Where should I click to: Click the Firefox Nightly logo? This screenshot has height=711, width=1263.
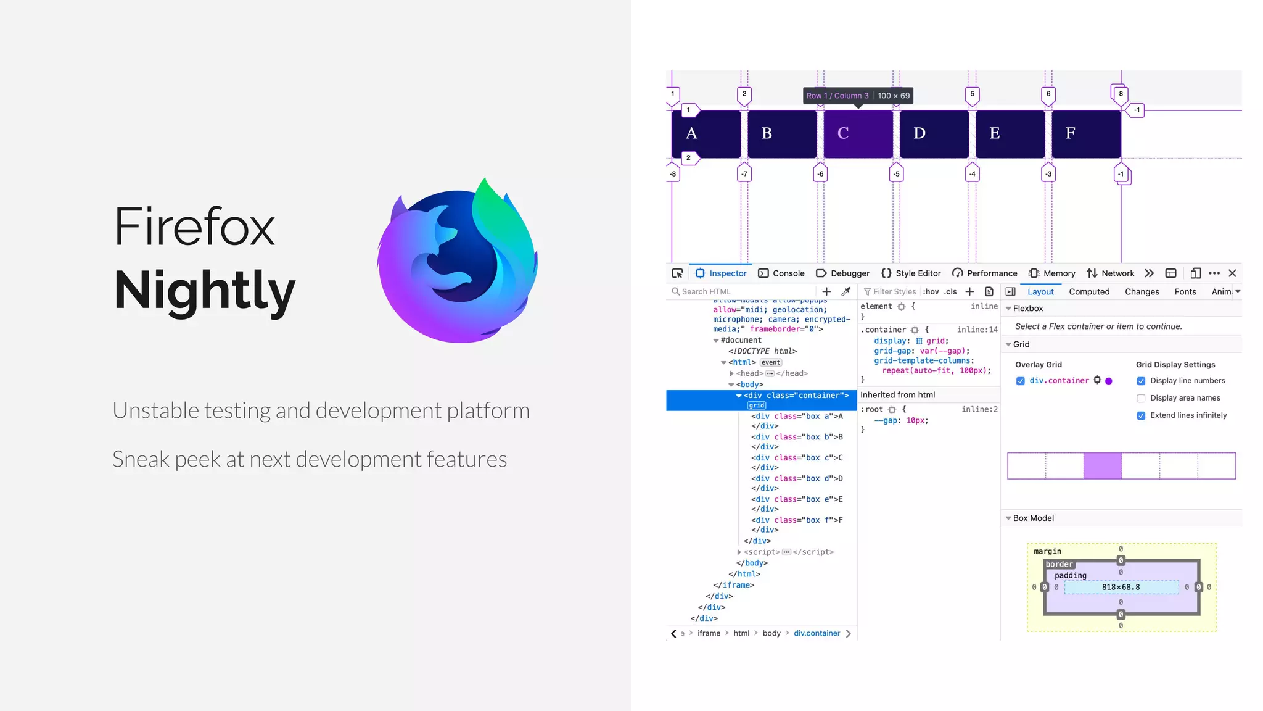tap(458, 260)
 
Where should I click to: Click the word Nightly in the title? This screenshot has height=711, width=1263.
tap(205, 290)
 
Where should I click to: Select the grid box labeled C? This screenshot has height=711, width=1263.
tap(858, 133)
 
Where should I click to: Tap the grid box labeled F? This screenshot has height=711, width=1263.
tap(1085, 133)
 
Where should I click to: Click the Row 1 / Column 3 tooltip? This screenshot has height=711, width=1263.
tap(858, 96)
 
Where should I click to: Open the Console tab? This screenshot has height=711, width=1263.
tap(781, 273)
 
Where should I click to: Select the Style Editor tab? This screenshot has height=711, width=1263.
tap(911, 273)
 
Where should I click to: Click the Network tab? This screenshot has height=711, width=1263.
tap(1111, 273)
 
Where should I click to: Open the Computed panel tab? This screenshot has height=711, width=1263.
tap(1089, 292)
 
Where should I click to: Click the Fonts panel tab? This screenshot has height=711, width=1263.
tap(1185, 292)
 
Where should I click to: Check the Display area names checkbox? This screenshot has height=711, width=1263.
tap(1141, 398)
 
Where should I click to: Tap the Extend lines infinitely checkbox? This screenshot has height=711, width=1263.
tap(1141, 415)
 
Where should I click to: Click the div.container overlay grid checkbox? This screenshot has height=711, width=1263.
tap(1020, 381)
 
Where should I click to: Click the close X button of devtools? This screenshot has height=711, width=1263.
tap(1232, 273)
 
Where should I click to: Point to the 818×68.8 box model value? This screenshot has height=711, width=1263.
tap(1121, 587)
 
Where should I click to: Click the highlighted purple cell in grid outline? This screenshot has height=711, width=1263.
tap(1102, 466)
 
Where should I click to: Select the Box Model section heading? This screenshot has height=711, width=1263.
tap(1033, 518)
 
